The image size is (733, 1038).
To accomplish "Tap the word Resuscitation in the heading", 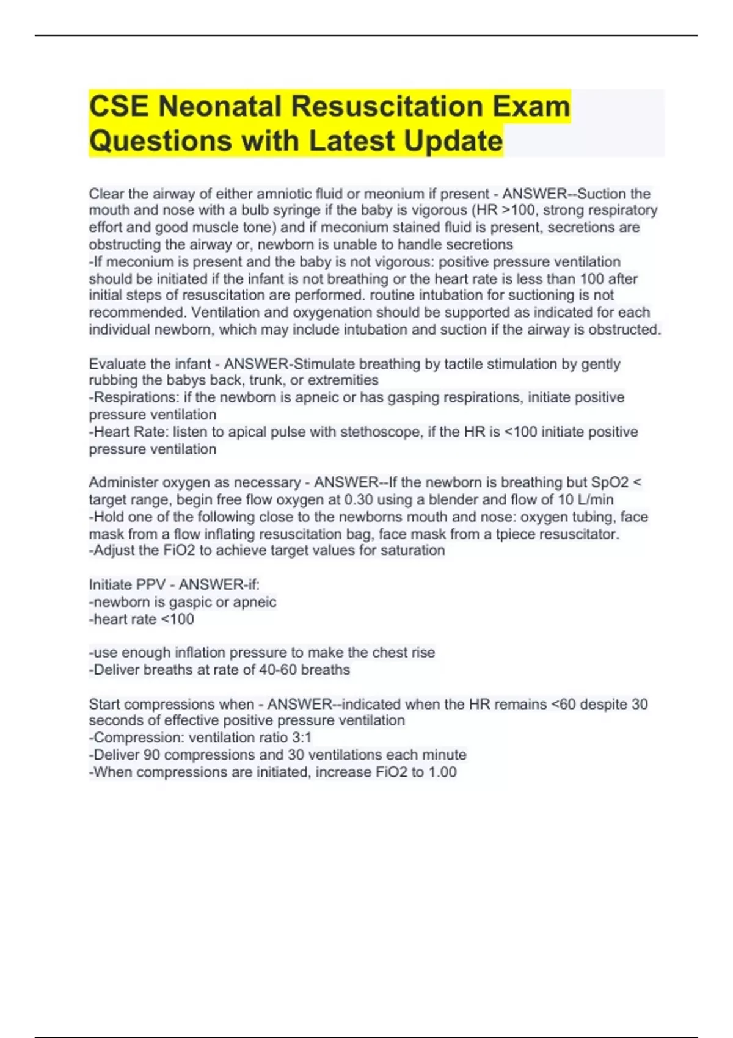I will [387, 106].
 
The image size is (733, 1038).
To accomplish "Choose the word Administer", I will [124, 482].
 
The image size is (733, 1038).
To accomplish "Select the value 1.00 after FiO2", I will [442, 772].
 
